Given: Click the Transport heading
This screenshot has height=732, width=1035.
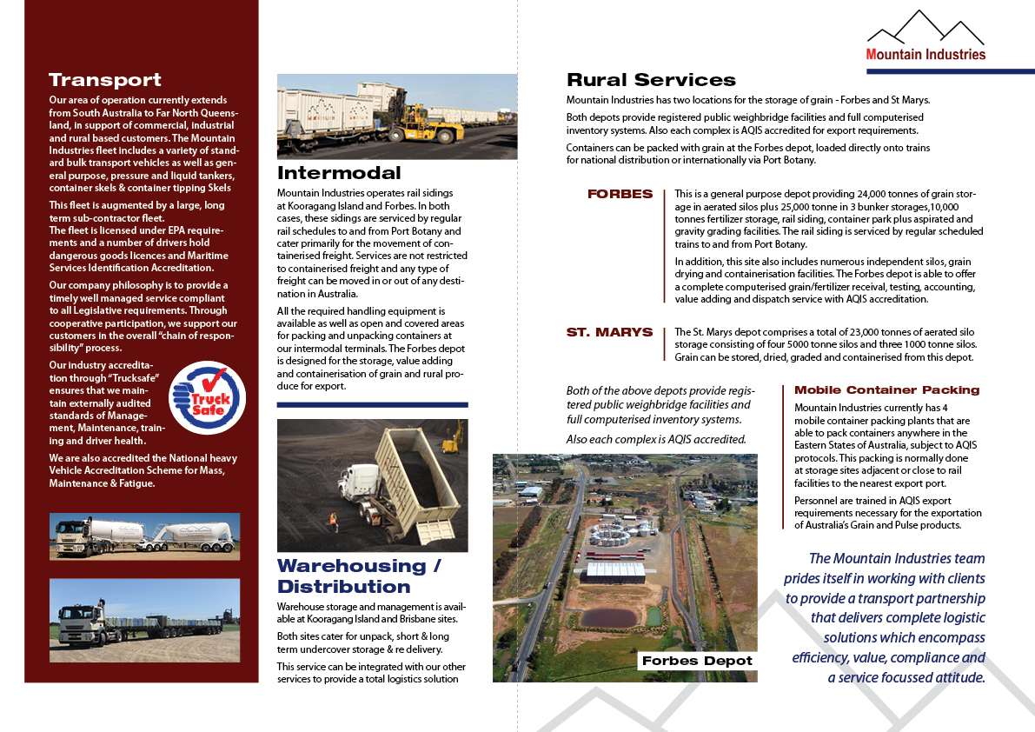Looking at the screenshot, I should [105, 80].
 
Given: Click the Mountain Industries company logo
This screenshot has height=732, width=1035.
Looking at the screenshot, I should [926, 38].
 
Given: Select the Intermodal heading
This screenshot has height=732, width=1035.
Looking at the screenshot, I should [339, 172].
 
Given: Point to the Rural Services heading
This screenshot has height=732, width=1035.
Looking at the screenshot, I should [651, 80].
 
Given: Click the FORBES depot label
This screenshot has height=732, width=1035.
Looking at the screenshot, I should [620, 194].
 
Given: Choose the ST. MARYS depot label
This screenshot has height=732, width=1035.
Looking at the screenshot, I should [609, 332].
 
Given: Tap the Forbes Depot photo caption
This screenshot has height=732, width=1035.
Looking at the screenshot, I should [696, 661].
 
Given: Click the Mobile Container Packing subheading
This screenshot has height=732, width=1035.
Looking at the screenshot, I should [886, 390].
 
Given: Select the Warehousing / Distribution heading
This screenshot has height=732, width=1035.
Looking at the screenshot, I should [358, 576].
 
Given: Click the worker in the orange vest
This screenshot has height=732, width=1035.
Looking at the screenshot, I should [332, 521].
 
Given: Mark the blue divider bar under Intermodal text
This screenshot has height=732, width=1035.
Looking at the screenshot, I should [372, 405].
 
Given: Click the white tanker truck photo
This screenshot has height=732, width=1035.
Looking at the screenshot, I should [144, 536].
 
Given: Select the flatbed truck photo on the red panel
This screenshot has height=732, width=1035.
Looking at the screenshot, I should [144, 621].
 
